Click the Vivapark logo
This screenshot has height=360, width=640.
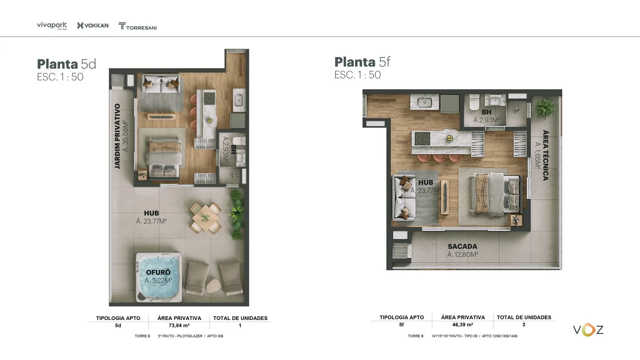tap(52, 26)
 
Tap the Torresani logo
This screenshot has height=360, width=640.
tap(137, 26)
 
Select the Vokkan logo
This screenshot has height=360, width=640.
tap(92, 26)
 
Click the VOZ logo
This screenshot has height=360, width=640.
tap(588, 330)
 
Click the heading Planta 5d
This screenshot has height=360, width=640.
tap(66, 64)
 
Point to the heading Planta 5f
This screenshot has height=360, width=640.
tap(362, 62)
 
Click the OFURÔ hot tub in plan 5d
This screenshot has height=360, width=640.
tap(159, 277)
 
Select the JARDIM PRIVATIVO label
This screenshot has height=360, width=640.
tap(117, 136)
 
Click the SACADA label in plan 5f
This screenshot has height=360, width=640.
tap(462, 246)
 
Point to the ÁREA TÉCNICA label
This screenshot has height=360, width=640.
tap(546, 155)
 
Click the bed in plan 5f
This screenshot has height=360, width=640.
tap(496, 194)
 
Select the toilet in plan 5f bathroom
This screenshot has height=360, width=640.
tap(474, 102)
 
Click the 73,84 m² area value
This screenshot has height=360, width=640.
tap(179, 326)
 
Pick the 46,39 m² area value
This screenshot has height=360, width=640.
tap(463, 325)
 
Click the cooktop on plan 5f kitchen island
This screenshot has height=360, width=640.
tap(422, 138)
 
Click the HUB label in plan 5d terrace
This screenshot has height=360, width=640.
tap(152, 213)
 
